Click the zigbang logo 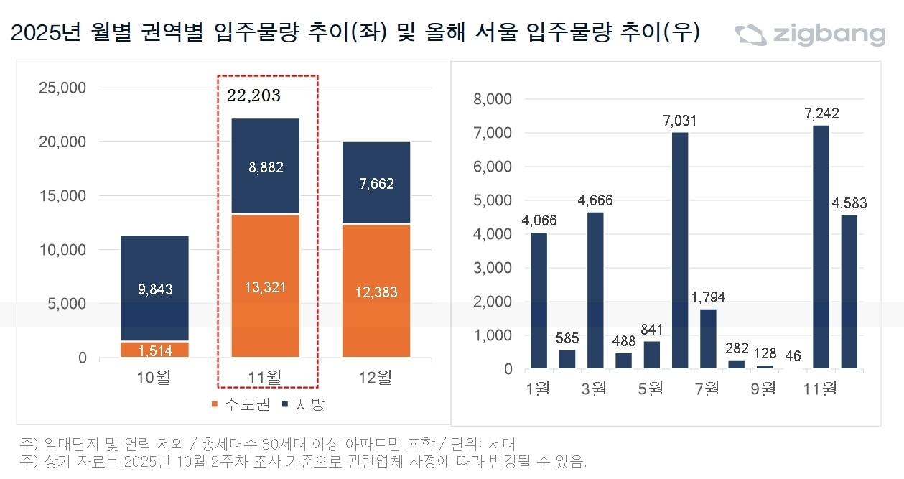click(809, 34)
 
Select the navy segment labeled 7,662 click(376, 184)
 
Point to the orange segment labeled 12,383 click(376, 292)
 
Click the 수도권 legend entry click(240, 404)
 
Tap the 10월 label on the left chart click(154, 377)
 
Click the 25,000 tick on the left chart click(61, 88)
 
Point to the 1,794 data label click(708, 297)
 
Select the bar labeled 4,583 click(849, 292)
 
